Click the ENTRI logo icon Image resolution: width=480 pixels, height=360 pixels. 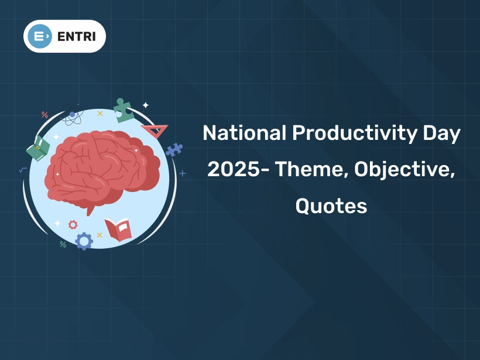coord(39,36)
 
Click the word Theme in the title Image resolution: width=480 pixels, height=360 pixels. coord(310,170)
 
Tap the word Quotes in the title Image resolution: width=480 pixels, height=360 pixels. coord(331,206)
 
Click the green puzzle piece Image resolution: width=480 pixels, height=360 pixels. coord(124,109)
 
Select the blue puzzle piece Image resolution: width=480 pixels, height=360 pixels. coord(174,150)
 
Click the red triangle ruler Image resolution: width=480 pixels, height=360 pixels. coord(155,130)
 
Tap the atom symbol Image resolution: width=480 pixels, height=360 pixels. coord(73,116)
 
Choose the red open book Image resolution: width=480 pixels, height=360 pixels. coord(118,229)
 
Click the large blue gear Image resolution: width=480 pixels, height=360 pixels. coord(84,241)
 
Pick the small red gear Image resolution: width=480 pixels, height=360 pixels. coord(73,224)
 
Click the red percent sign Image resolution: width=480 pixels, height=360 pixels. coord(44,115)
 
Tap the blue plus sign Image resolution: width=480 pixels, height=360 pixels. coord(183,173)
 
